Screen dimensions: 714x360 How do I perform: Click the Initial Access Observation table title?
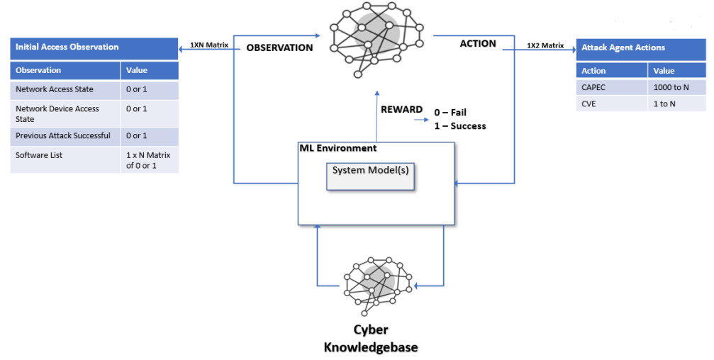pos(67,47)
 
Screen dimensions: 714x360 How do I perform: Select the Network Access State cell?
pos(65,90)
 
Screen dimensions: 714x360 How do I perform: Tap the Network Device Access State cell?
pos(65,114)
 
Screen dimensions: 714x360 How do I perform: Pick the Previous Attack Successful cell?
pos(65,136)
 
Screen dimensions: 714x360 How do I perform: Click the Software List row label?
pos(39,155)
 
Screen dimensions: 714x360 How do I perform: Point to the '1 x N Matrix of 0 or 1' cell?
pos(150,159)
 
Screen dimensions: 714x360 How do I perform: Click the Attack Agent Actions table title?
pos(623,47)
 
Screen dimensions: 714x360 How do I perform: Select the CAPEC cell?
pos(612,87)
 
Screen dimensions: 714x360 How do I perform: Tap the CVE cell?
pos(612,103)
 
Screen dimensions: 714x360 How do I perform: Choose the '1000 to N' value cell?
pos(677,87)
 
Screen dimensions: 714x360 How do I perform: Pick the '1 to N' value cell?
pos(677,103)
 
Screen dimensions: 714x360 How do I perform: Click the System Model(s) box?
pos(370,176)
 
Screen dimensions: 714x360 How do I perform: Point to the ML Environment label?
pos(338,148)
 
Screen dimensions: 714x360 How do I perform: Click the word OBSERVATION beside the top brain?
pos(279,47)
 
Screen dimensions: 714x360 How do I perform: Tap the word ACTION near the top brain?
pos(478,44)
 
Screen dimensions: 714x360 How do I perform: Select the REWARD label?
pos(401,110)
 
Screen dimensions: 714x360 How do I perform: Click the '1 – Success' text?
pos(460,126)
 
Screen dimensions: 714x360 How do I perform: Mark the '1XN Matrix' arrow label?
pos(209,45)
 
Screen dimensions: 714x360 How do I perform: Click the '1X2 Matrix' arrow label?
pos(545,45)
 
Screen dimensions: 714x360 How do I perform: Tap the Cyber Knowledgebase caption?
pos(371,338)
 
